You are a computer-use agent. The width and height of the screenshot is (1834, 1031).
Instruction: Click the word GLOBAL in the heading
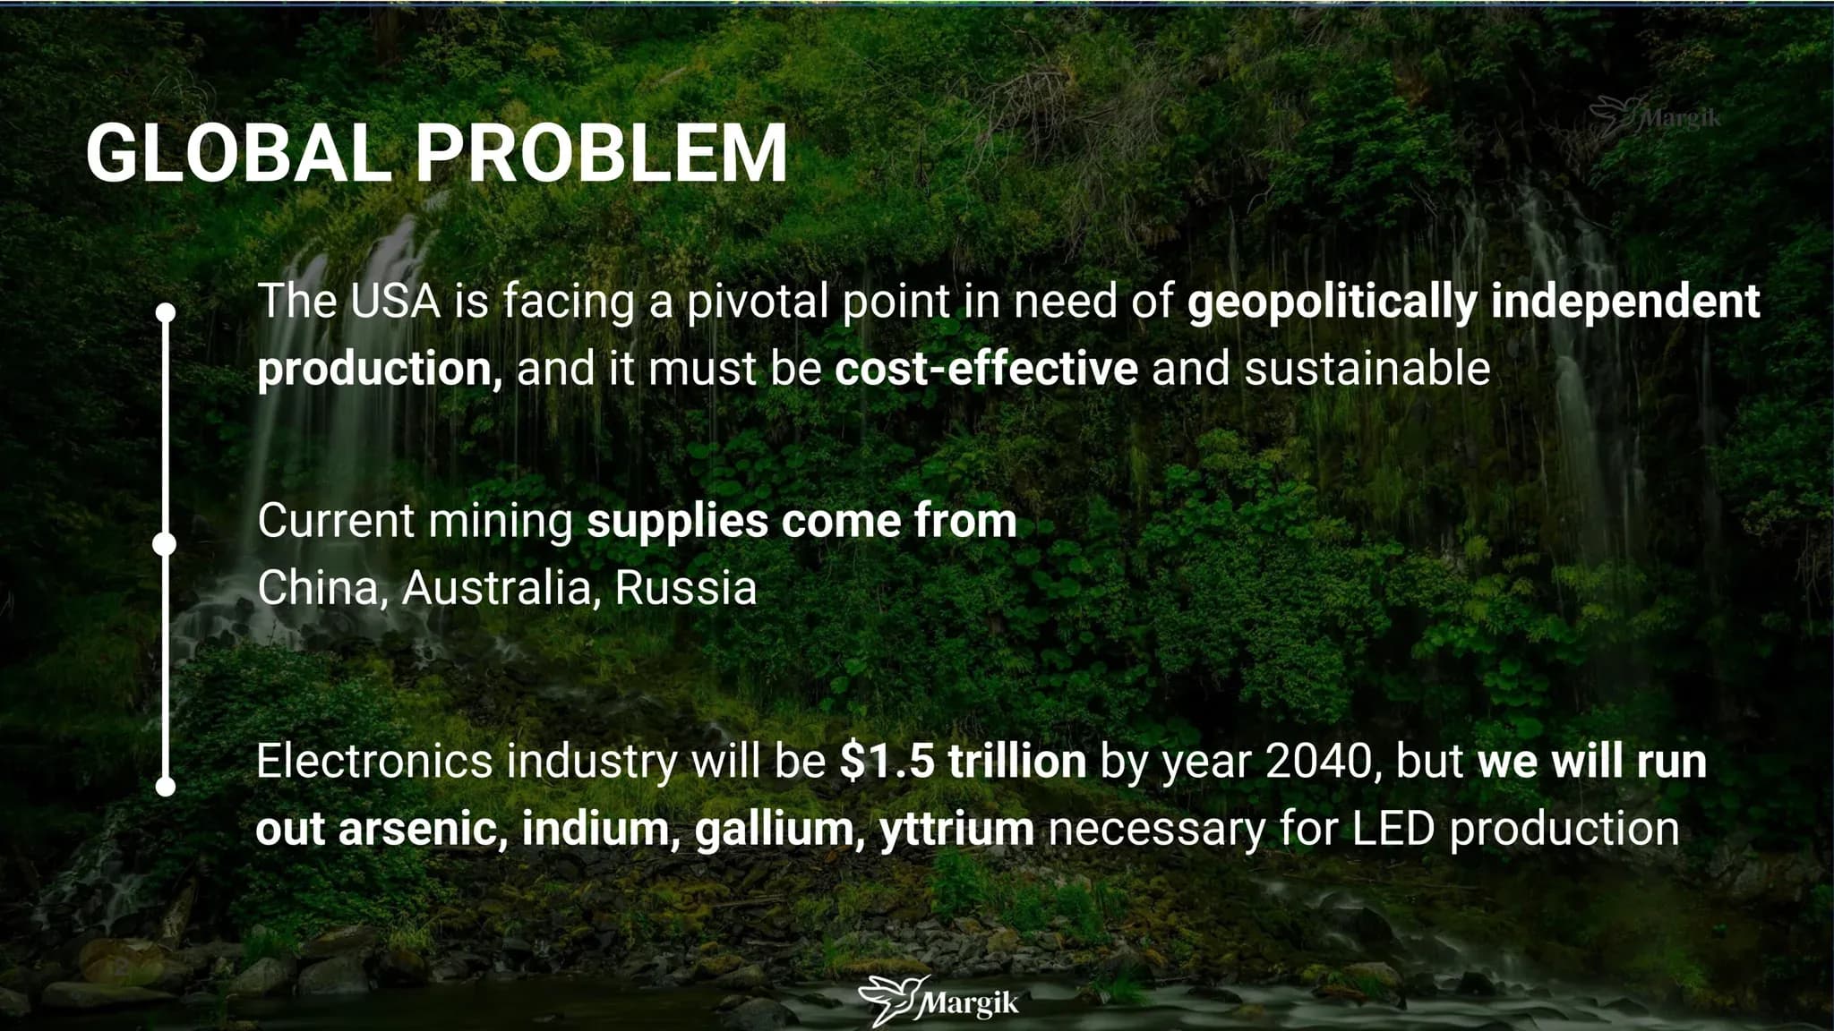238,153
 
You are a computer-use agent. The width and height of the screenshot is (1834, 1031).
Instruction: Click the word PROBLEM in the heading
602,153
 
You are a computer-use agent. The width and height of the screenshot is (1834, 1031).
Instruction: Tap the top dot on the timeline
166,312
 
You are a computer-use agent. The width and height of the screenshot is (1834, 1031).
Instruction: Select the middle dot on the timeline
165,544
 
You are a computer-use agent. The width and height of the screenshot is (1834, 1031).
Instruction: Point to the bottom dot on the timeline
166,787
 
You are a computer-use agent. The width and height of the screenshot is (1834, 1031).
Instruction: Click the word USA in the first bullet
395,301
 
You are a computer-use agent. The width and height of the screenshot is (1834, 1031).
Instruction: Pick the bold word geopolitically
1332,303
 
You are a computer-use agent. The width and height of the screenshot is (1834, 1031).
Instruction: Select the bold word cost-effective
986,369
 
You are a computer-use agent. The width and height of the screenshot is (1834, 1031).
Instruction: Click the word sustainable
1367,369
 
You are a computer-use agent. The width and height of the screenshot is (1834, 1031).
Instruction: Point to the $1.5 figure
887,761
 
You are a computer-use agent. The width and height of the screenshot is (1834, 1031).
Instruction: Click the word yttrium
956,830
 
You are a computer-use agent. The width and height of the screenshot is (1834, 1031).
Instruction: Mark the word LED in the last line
1393,829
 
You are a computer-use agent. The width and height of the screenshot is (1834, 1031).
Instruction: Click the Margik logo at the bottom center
938,1001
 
